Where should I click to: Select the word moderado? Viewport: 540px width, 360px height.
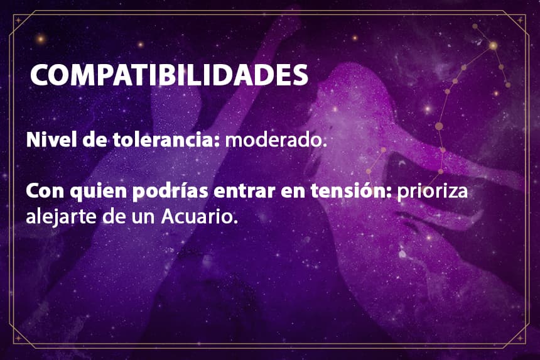(x=276, y=140)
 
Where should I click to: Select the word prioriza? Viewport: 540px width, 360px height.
(x=433, y=192)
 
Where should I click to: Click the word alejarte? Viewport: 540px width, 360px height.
(x=61, y=217)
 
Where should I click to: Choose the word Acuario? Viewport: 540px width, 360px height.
(x=200, y=217)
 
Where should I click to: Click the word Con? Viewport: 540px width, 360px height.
(x=45, y=192)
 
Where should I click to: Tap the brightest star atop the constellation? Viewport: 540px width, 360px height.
(x=494, y=45)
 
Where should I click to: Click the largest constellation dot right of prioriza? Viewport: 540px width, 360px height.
(x=439, y=126)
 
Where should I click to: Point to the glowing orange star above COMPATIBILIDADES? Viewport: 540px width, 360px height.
(x=41, y=38)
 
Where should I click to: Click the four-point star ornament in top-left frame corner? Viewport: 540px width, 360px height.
(x=18, y=20)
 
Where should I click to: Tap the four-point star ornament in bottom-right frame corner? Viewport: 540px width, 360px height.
(x=521, y=339)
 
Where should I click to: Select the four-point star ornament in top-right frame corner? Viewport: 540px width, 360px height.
(x=521, y=20)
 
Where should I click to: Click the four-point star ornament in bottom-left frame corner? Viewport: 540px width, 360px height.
(x=18, y=339)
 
